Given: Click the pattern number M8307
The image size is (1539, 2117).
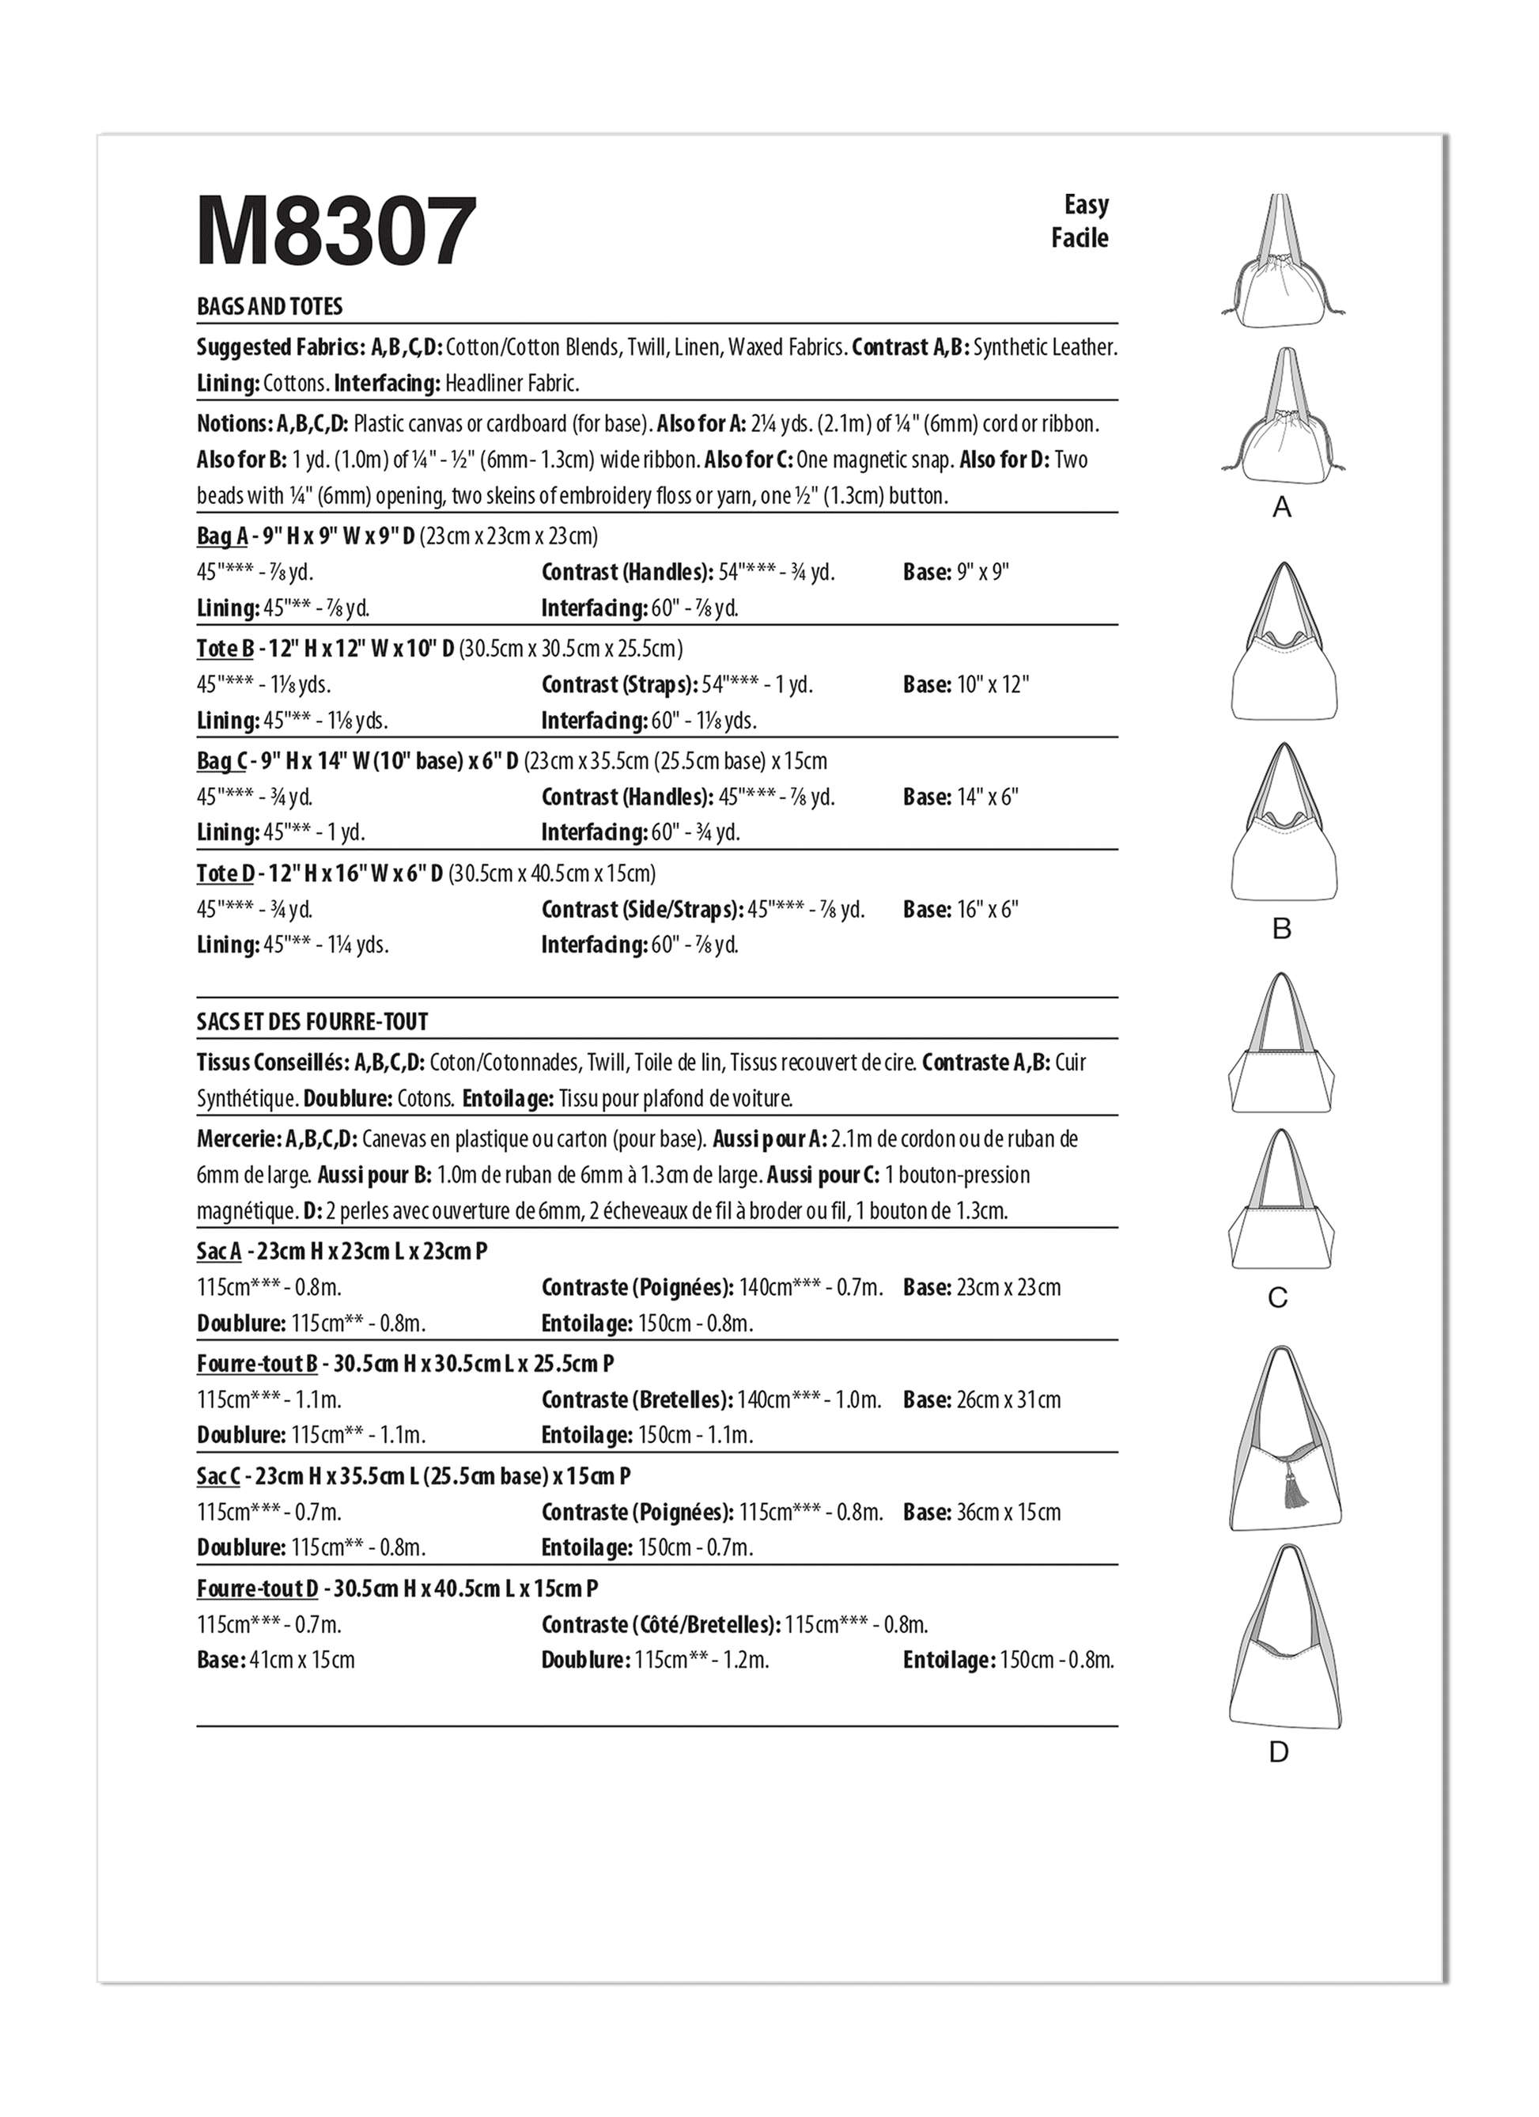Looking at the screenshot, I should point(337,232).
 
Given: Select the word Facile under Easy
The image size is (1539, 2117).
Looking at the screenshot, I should point(1080,238).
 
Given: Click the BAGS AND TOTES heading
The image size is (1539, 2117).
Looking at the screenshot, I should point(270,307).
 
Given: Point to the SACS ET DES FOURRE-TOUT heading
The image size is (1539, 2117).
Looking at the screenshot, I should point(312,1022).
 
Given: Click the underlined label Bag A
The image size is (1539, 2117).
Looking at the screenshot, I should point(222,536).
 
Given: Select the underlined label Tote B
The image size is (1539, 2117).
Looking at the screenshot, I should point(225,649).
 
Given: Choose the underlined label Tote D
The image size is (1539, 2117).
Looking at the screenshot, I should point(225,873).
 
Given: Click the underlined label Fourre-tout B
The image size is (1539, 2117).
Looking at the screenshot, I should point(258,1364).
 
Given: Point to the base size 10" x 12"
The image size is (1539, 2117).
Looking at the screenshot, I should point(992,685).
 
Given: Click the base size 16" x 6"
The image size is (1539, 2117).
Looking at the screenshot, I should point(988,910).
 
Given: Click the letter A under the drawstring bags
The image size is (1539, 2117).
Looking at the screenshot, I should point(1282,508).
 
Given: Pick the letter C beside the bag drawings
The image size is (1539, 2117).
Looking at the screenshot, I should point(1279,1297).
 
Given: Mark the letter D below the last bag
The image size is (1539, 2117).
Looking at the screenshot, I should point(1279,1752).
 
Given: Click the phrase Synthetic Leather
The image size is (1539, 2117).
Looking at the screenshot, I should point(1046,348).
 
